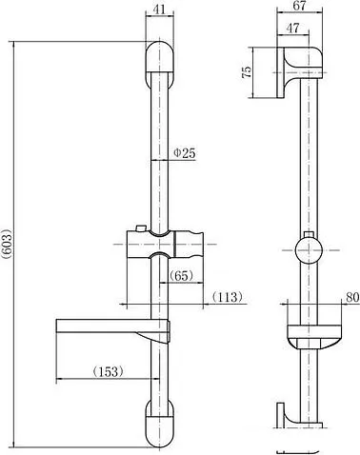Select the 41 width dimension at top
[x=159, y=10]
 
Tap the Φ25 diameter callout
[x=185, y=153]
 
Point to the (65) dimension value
[x=181, y=276]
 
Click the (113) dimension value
[x=228, y=297]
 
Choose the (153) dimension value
[x=108, y=371]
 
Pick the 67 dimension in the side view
[x=299, y=6]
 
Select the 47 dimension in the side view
[x=292, y=28]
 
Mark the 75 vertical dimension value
[x=247, y=72]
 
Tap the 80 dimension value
[x=352, y=297]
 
